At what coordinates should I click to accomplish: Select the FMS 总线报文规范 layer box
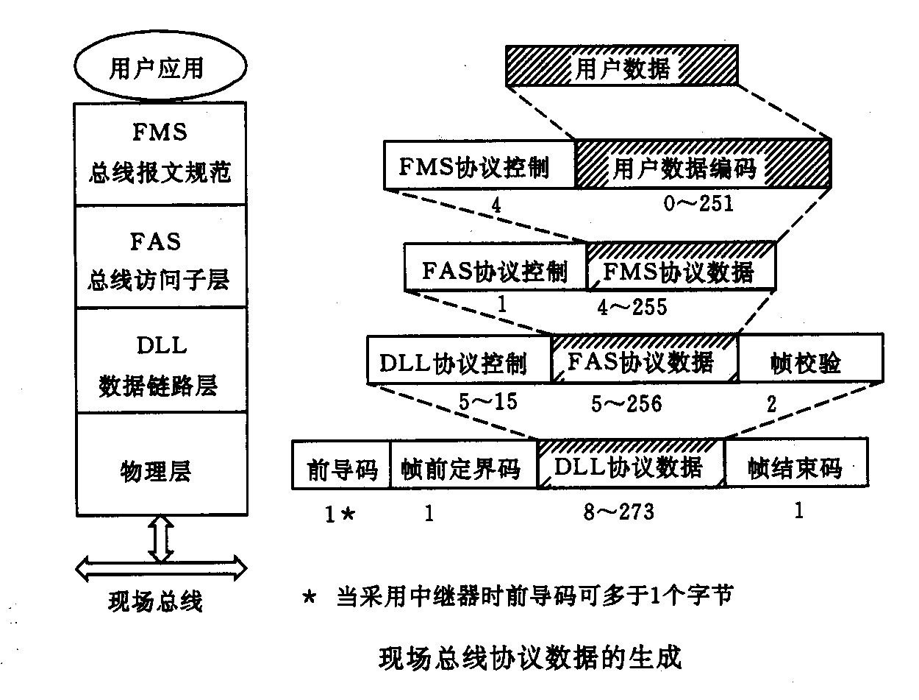(x=160, y=153)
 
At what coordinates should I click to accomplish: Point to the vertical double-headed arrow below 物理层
(x=160, y=540)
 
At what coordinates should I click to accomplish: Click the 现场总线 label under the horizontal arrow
(x=155, y=602)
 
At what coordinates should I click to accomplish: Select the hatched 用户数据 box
(x=621, y=68)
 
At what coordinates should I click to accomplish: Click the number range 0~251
(x=698, y=203)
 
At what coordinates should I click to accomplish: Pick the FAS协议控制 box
(x=496, y=271)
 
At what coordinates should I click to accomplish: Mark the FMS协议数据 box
(x=681, y=271)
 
